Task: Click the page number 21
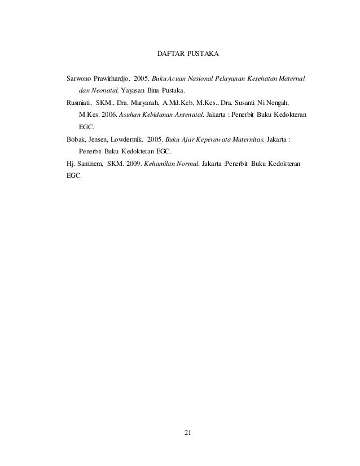pyautogui.click(x=188, y=433)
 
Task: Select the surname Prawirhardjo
pyautogui.click(x=112, y=77)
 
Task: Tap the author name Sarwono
pyautogui.click(x=80, y=77)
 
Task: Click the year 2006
pyautogui.click(x=109, y=115)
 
